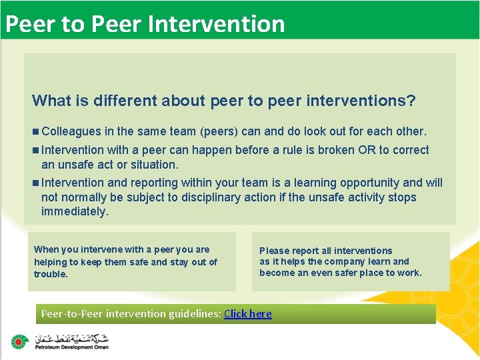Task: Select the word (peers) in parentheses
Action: (x=215, y=131)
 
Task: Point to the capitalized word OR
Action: (x=367, y=150)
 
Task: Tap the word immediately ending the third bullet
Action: (x=74, y=212)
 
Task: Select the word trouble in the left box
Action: (x=51, y=275)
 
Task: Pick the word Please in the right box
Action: (x=274, y=251)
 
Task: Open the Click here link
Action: (x=248, y=313)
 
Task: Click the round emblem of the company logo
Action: (x=19, y=342)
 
